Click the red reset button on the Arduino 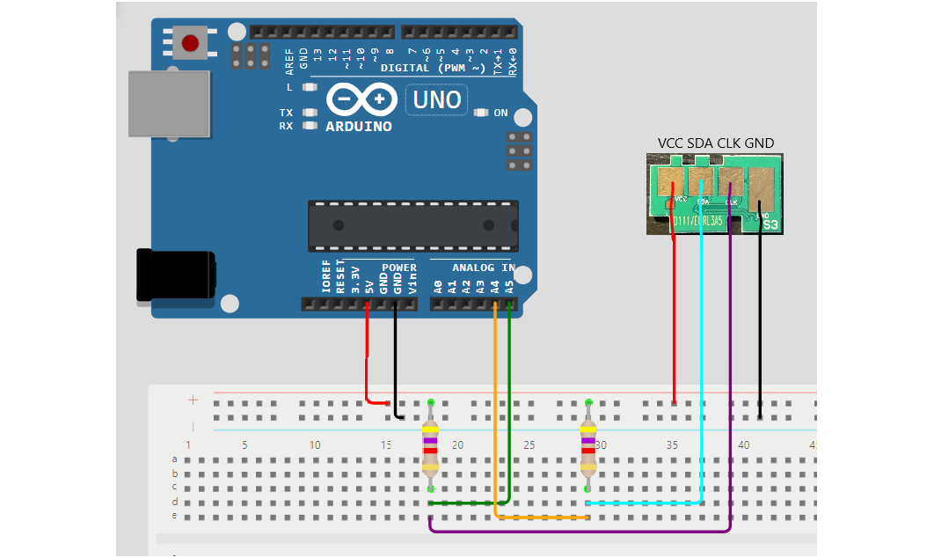(190, 41)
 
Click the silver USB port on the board (169, 104)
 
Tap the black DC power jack (175, 276)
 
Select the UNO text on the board (437, 99)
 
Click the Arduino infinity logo (361, 99)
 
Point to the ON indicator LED (481, 113)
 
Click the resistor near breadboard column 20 (430, 446)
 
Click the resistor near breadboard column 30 (588, 446)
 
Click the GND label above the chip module (759, 143)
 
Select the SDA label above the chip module (701, 143)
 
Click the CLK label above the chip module (730, 143)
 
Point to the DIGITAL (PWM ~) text (433, 68)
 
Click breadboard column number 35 (672, 445)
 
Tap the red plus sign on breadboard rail (193, 400)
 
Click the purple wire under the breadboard (580, 532)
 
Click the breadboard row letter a (174, 459)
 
